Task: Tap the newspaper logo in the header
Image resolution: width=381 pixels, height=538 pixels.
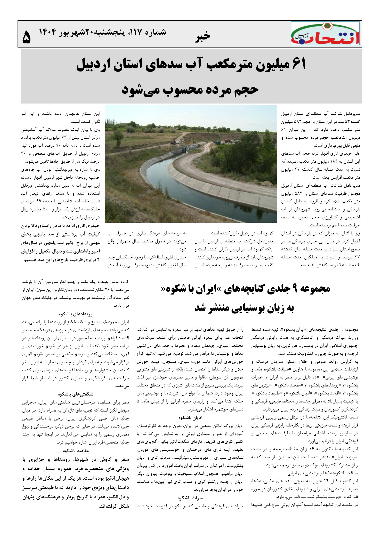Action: click(325, 33)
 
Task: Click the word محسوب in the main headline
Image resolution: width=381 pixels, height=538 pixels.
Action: click(180, 90)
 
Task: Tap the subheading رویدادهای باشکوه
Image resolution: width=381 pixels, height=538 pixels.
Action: click(76, 314)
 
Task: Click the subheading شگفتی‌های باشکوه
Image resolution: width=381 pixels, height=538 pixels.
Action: click(76, 394)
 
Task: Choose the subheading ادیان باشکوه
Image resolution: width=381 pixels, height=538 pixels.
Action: click(190, 418)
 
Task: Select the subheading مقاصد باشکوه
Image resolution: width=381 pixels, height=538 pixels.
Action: click(76, 450)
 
